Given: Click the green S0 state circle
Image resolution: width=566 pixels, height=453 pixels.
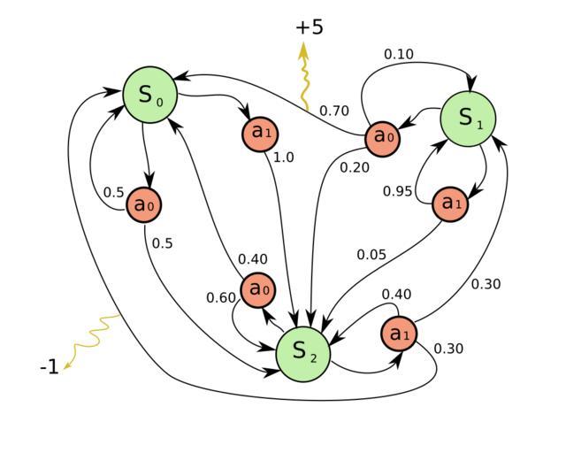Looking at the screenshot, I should coord(148,95).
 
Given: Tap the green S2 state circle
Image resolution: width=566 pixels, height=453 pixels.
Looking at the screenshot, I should coord(302,351).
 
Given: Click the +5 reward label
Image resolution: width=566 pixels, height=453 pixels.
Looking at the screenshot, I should coord(310,27).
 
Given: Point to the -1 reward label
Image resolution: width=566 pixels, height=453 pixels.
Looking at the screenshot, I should coord(50,367).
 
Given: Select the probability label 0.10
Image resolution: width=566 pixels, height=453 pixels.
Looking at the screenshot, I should coord(398,55).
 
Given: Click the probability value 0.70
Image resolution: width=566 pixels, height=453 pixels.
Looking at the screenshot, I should coord(333,111).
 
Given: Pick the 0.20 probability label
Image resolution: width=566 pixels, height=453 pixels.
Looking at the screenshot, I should coord(355,166).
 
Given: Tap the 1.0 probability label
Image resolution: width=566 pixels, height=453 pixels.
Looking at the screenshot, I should coord(283,157).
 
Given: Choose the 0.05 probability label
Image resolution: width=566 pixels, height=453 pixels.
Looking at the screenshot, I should coord(371,255).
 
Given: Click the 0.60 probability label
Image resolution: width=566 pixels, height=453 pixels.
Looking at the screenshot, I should coord(221,297).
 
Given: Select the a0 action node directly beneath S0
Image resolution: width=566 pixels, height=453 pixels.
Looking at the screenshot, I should coord(143,205).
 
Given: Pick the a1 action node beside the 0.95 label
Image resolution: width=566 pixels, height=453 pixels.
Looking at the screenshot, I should coord(451,203).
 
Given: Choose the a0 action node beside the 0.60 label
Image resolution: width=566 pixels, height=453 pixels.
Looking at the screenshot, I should coord(257,289).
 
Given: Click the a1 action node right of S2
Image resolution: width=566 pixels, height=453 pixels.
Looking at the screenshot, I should coord(399,334).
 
